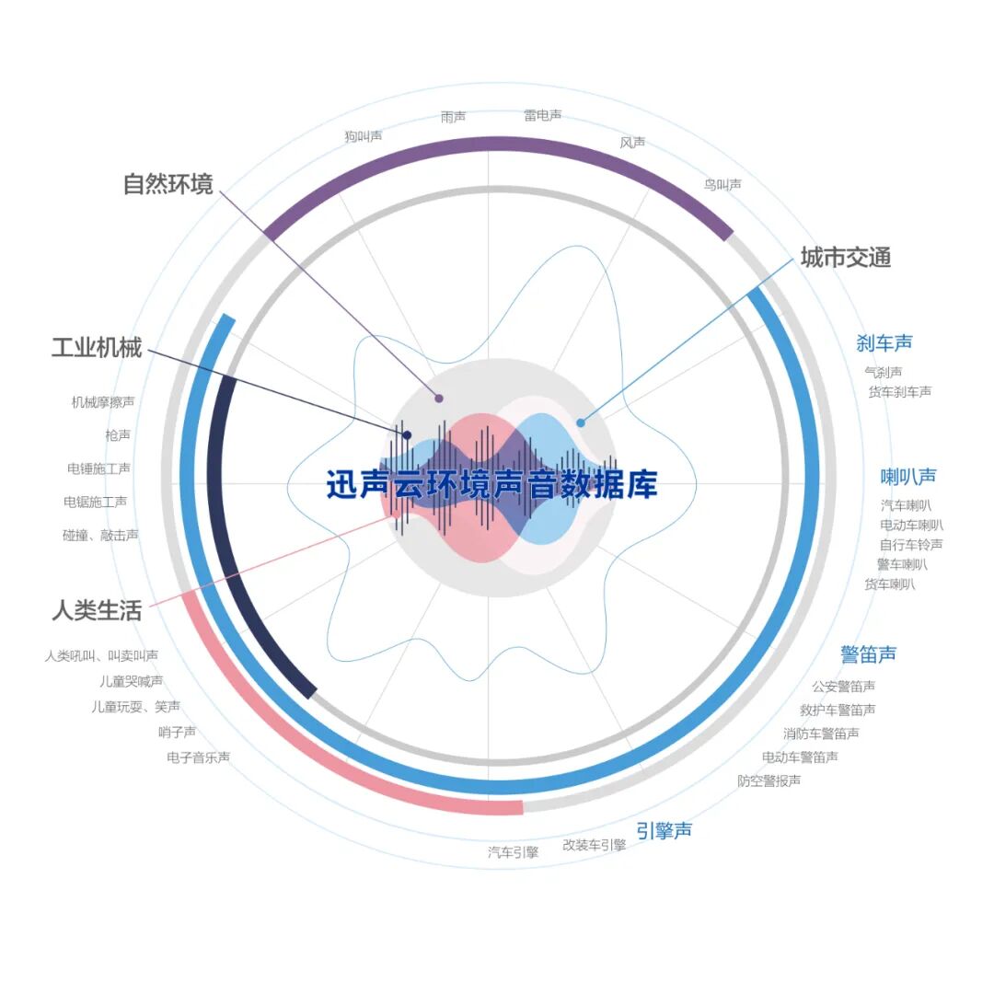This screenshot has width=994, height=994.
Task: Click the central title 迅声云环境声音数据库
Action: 492,484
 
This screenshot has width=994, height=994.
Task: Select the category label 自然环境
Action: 168,184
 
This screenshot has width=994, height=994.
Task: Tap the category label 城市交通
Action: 845,258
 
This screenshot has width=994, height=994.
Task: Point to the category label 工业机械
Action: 97,348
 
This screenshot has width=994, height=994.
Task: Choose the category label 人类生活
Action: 97,610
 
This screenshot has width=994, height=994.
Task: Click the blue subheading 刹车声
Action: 884,343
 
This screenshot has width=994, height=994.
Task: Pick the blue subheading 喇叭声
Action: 908,477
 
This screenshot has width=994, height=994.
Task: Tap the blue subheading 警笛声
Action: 868,654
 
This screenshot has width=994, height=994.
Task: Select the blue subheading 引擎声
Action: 664,830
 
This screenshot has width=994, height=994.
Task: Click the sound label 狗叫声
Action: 364,136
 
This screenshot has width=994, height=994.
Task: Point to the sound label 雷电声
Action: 543,116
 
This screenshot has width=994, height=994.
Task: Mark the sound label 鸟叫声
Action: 722,185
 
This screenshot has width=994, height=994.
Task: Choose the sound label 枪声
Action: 118,434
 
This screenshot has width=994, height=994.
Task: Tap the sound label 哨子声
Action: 177,732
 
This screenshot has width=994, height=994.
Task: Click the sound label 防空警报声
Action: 769,780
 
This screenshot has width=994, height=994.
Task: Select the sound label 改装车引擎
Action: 594,845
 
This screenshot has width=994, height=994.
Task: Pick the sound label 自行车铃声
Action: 910,544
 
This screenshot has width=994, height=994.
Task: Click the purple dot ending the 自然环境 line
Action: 439,399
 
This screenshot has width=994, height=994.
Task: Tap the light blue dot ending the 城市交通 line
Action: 580,423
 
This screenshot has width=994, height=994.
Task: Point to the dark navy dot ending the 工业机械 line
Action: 407,434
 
